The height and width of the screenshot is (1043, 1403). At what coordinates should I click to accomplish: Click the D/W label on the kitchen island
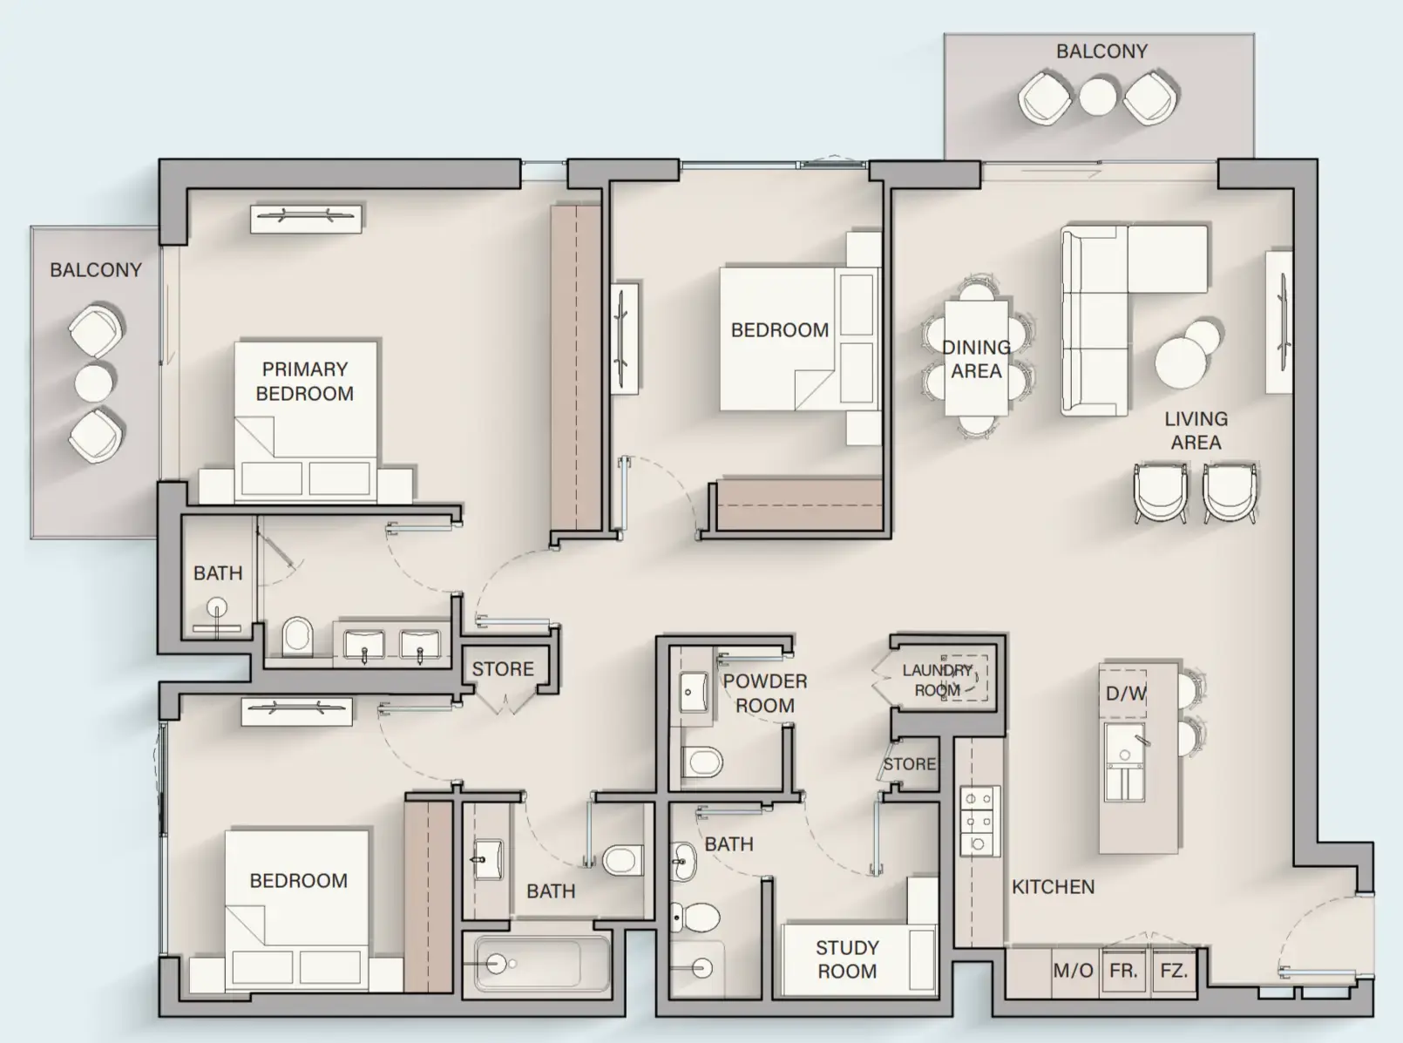click(x=1126, y=694)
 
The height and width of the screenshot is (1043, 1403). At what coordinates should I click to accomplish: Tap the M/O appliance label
click(x=1073, y=971)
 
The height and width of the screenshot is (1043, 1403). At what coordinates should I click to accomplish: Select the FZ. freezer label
click(x=1174, y=970)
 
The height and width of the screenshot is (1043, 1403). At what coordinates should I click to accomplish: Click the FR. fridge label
click(x=1123, y=970)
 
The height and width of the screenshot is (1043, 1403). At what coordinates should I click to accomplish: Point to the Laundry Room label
click(x=937, y=680)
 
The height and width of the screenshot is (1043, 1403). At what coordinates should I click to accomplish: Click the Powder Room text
click(x=765, y=693)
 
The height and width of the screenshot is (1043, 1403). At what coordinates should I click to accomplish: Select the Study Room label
click(x=847, y=958)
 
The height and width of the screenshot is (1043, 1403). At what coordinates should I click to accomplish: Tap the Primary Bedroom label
click(x=304, y=381)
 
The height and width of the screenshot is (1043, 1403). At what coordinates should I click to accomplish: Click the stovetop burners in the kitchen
click(x=979, y=821)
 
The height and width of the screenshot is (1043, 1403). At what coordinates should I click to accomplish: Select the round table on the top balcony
click(x=1098, y=96)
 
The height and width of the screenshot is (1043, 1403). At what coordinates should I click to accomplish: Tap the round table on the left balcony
click(x=94, y=382)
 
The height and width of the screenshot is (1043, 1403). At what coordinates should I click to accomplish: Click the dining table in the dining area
click(x=976, y=358)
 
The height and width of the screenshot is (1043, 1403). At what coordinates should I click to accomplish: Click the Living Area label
click(x=1196, y=430)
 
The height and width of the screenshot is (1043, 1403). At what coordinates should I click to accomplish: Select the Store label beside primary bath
click(x=503, y=668)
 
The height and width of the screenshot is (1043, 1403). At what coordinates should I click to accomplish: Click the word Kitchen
click(x=1053, y=886)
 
